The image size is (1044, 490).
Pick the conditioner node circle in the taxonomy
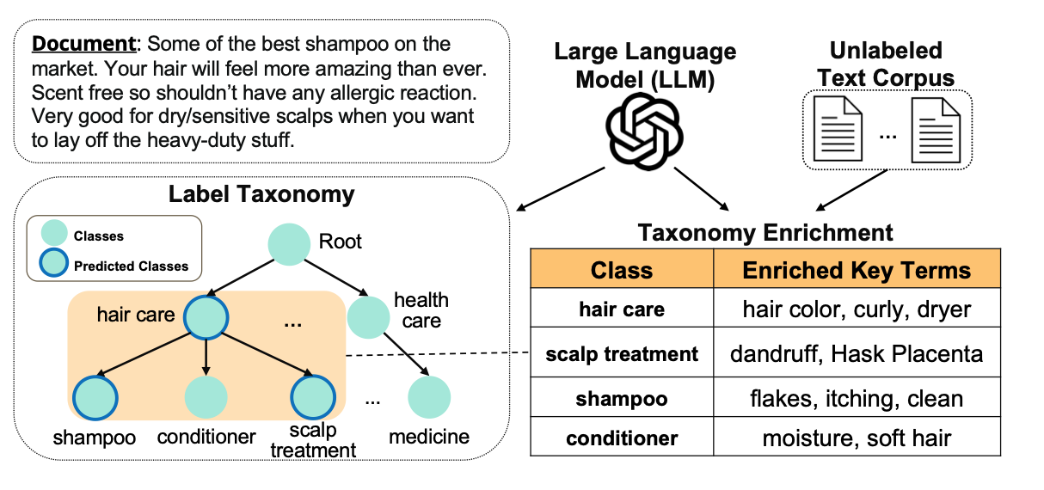point(206,397)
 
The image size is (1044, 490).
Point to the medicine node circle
point(429,396)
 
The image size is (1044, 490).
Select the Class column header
point(621,270)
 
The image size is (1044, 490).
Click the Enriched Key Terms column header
point(857,270)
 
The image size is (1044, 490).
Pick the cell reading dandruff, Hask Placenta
point(857,353)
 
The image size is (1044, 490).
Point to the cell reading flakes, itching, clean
point(857,399)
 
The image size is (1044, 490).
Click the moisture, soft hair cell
point(857,438)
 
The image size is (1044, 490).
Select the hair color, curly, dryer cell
point(857,309)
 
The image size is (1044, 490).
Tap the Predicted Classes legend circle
point(54,265)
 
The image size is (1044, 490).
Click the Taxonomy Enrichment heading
point(765,232)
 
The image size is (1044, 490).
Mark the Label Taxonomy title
point(261,194)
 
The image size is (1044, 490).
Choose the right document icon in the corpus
point(937,129)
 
